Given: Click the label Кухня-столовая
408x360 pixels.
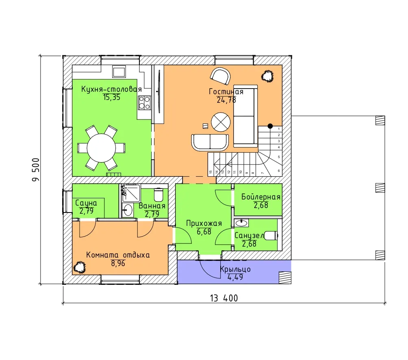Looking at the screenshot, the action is pos(111,89).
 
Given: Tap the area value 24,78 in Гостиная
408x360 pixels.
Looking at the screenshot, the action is pos(226,100).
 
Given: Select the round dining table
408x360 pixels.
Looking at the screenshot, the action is pos(101,148).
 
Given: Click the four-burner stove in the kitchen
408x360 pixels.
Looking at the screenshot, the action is pos(144,102).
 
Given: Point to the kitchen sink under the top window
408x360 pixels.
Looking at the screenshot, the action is pos(119,71).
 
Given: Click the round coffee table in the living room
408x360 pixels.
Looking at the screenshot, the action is pos(221,122).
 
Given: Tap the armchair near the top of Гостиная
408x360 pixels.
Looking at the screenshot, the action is pos(220,76).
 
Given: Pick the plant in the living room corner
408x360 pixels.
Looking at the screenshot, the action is pos(267,76).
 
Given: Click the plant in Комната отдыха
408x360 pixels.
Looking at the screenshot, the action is pos(80,267).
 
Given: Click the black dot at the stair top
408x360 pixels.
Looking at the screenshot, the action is pos(270,126).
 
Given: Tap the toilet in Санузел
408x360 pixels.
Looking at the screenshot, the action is pos(271,236).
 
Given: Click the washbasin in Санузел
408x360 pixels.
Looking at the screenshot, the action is pos(241,223).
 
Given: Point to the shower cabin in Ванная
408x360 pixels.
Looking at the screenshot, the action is pos(131,193).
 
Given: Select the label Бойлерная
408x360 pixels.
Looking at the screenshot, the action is pos(261,197).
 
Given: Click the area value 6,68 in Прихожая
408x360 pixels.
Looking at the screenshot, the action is pos(204,232).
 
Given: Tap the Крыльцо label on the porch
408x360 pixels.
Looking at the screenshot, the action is pos(235,269).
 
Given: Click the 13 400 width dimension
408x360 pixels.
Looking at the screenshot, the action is pos(224,298).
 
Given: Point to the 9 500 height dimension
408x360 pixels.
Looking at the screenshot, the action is pos(36,169).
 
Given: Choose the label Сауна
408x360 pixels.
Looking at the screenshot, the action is pos(86,203).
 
